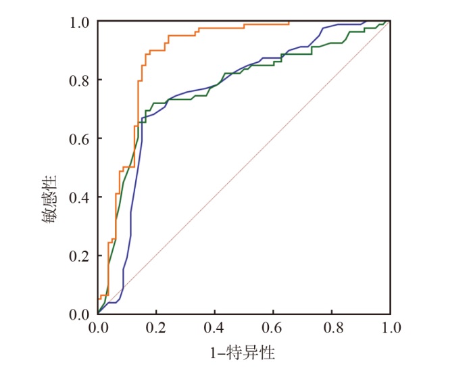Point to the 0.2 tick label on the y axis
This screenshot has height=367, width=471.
[x=80, y=255]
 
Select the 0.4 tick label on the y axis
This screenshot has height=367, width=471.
[x=80, y=197]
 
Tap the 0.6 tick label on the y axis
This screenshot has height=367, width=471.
[x=80, y=139]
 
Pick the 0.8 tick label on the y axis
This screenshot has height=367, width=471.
[x=80, y=80]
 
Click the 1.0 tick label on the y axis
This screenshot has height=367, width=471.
[x=80, y=22]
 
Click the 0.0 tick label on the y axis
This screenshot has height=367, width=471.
[x=80, y=314]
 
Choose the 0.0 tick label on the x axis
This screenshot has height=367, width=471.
[x=98, y=328]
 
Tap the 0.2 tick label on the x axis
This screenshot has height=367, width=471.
[x=156, y=328]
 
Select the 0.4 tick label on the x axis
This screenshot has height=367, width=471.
[x=215, y=328]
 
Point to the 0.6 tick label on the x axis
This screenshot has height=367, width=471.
[x=274, y=328]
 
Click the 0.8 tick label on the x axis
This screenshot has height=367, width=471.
[x=332, y=328]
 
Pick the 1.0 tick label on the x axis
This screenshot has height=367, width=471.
[x=391, y=328]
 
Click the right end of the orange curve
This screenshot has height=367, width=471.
[x=289, y=22]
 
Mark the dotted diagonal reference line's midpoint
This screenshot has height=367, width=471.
[x=244, y=168]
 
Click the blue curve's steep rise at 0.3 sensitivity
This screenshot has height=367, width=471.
[x=130, y=226]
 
